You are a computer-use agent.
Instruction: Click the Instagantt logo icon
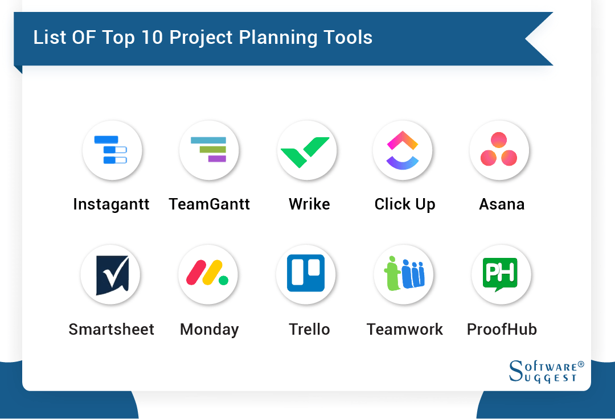pos(112,150)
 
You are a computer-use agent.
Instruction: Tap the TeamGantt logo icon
pos(209,150)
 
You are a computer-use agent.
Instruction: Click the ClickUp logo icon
pos(403,150)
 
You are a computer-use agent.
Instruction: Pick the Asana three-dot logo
pos(499,150)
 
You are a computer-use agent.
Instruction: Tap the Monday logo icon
pos(208,274)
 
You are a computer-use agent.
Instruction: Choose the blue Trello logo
pos(306,273)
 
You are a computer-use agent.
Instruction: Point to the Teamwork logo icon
pos(404,274)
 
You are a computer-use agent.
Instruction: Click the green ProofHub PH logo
pos(501,274)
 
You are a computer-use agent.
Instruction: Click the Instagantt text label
pos(111,204)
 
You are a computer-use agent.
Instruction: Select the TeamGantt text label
pos(209,204)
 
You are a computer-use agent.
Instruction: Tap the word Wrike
pos(309,204)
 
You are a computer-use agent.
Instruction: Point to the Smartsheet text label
pos(112,330)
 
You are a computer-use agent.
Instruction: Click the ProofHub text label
pos(502,330)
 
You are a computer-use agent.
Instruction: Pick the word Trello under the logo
pos(309,330)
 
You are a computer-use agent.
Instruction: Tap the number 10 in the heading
pos(151,38)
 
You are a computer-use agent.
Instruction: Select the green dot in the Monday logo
pos(224,280)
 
